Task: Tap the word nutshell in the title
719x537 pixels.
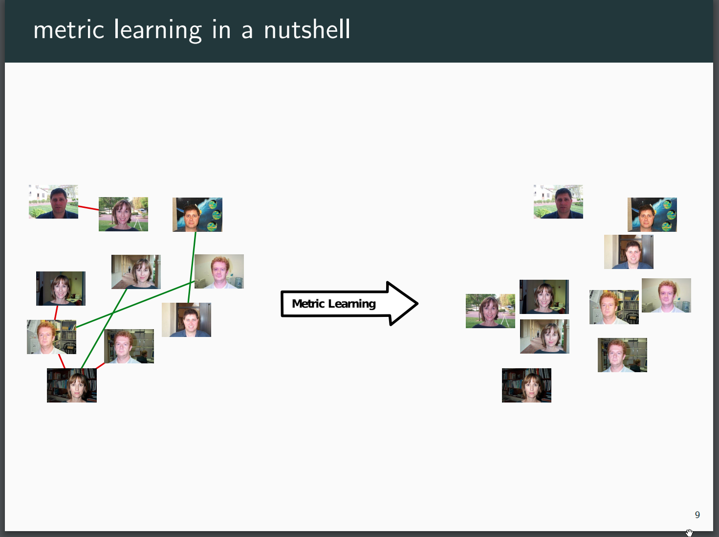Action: click(307, 29)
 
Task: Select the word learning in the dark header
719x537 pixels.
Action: click(157, 30)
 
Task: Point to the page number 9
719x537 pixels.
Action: click(697, 515)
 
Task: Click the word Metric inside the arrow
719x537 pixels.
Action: click(308, 304)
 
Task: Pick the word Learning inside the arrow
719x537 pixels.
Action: click(352, 304)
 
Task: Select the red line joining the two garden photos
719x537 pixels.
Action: click(88, 208)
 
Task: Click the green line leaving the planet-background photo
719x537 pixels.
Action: click(192, 267)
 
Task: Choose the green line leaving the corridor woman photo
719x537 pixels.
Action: click(104, 328)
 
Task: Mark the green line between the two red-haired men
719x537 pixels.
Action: click(135, 304)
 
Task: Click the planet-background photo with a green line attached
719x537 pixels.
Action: click(197, 215)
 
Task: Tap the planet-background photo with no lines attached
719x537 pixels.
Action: click(652, 215)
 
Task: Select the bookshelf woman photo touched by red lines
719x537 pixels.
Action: click(72, 385)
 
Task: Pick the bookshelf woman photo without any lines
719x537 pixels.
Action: click(527, 385)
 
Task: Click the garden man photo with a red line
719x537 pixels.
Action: click(53, 201)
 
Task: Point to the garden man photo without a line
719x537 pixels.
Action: click(559, 201)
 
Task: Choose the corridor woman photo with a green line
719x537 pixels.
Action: click(136, 272)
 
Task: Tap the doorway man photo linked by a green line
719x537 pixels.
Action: click(186, 320)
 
